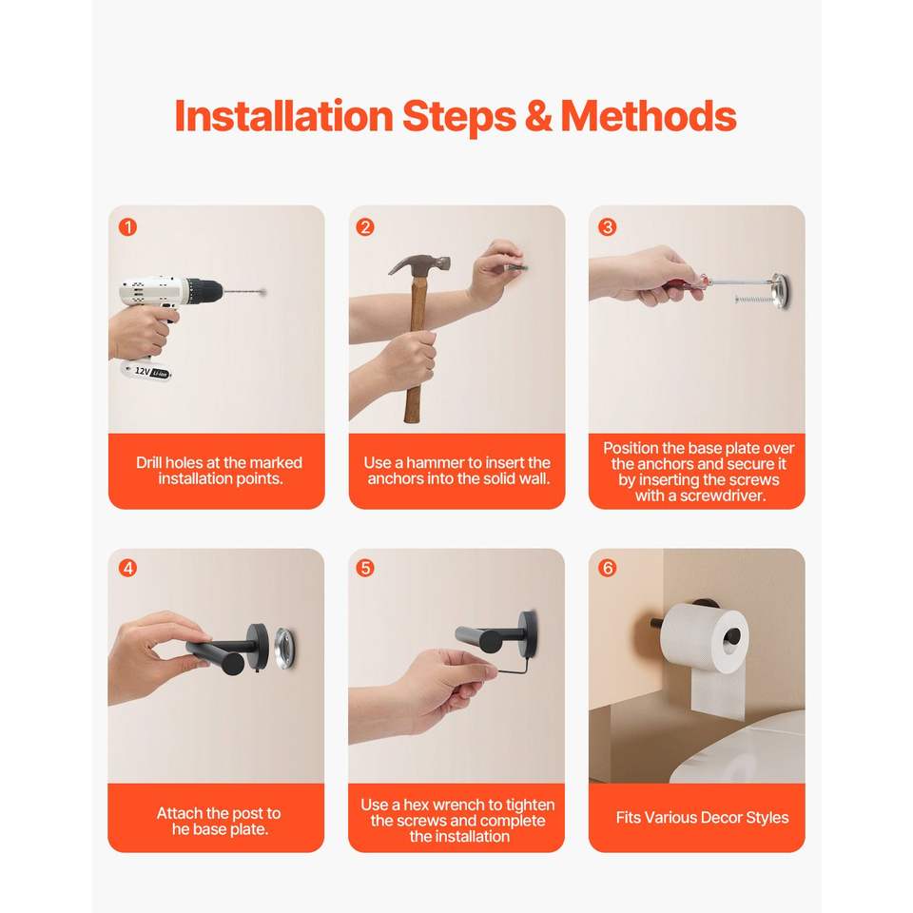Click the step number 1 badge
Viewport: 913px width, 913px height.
pos(127,227)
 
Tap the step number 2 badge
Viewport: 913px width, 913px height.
pos(365,227)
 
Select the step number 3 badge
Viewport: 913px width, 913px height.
pos(608,227)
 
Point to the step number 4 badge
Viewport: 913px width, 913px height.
pos(127,569)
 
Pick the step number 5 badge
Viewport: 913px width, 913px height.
pos(365,569)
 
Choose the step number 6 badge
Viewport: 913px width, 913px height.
pos(608,569)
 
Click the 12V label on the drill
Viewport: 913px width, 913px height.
pos(142,371)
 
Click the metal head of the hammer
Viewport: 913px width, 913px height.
pos(420,265)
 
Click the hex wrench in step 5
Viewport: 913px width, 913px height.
pos(514,667)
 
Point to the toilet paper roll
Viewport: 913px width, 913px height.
pos(703,640)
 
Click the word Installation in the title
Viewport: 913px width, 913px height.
pos(284,116)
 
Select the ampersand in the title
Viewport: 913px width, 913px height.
pos(538,116)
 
